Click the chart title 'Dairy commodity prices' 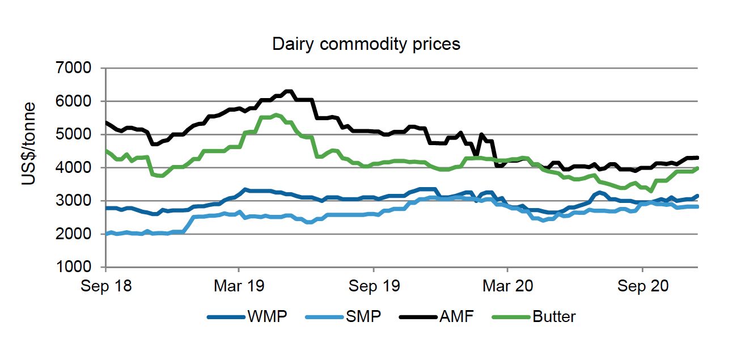coord(366,44)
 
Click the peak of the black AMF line coord(289,91)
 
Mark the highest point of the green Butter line coord(276,115)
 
